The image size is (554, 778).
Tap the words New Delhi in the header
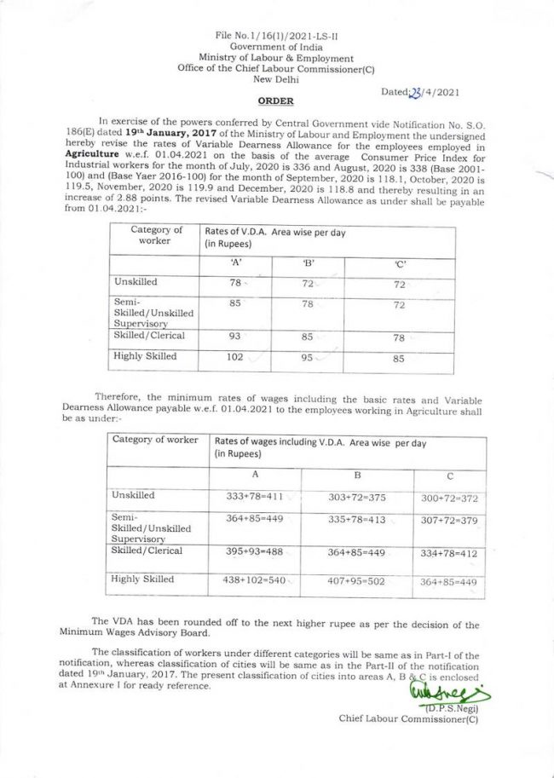[x=274, y=78]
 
